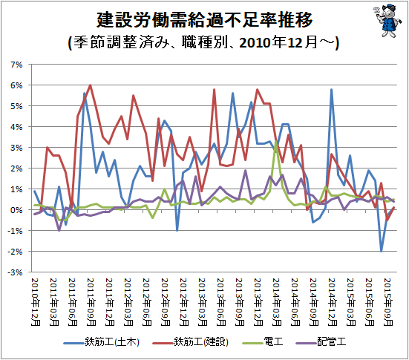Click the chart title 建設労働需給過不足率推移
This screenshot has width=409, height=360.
[205, 20]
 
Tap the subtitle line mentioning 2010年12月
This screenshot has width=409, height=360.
[203, 42]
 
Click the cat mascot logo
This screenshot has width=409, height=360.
[388, 20]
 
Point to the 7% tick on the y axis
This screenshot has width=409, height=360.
[16, 65]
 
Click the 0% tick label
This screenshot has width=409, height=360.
[16, 210]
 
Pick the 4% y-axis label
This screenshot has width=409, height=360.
[16, 127]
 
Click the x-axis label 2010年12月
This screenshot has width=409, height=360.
[36, 302]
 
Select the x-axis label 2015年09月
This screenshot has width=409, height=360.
[388, 302]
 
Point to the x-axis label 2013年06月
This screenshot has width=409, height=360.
[221, 302]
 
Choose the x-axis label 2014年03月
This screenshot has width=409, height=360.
[277, 302]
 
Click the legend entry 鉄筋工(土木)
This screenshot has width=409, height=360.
[102, 341]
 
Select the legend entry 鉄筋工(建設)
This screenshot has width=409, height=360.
[191, 341]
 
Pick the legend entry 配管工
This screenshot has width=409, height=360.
[321, 341]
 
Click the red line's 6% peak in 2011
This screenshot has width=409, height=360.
[90, 85]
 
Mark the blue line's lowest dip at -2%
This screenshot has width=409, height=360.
[382, 251]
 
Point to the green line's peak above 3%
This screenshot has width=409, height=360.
[276, 141]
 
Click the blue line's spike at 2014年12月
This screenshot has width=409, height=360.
[331, 90]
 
